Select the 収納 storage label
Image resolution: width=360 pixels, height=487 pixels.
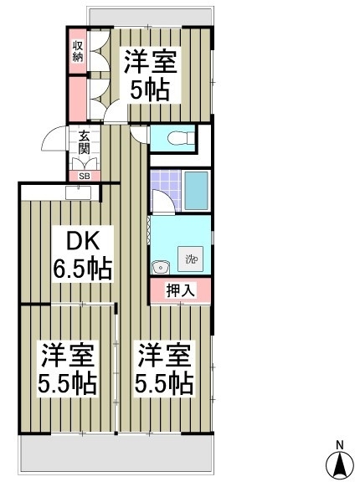click(78, 51)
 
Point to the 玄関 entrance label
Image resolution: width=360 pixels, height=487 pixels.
click(84, 143)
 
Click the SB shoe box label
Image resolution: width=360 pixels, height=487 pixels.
click(85, 176)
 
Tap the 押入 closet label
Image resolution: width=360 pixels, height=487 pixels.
click(181, 290)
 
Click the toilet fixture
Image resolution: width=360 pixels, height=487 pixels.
click(180, 138)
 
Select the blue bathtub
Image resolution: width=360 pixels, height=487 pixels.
click(196, 191)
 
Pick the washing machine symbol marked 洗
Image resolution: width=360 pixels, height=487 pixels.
click(190, 259)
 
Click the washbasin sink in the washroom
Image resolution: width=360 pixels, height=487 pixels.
click(161, 266)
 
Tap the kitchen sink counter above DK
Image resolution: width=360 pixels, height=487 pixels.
click(79, 192)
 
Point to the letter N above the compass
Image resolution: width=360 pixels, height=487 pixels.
click(340, 445)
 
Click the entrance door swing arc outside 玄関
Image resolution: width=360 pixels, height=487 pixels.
click(54, 137)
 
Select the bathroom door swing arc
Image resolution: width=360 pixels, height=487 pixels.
click(164, 201)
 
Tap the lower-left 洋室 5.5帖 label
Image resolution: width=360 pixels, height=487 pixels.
click(67, 368)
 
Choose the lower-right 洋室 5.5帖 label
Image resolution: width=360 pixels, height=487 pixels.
click(164, 368)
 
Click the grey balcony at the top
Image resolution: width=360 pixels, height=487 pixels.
click(151, 17)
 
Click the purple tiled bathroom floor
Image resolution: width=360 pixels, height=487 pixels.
click(166, 189)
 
